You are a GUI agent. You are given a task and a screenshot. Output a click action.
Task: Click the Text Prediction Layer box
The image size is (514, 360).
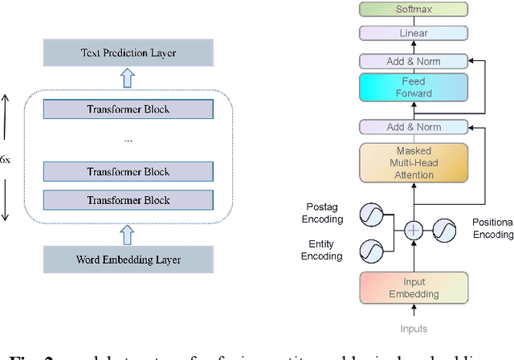(128, 53)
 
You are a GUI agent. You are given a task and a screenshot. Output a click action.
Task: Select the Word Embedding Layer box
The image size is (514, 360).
(128, 260)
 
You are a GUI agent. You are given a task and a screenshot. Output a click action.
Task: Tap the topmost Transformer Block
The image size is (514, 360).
(128, 109)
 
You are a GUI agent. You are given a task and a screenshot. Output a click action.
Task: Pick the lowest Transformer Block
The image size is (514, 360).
(128, 200)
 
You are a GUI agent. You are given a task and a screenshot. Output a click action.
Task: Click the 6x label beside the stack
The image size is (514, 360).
(6, 160)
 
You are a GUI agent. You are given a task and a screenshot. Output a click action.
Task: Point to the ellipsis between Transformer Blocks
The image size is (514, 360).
(128, 140)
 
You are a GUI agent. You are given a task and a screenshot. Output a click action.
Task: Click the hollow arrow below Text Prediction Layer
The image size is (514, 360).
(128, 77)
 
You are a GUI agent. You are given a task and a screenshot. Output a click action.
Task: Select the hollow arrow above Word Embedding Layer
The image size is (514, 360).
(128, 234)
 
